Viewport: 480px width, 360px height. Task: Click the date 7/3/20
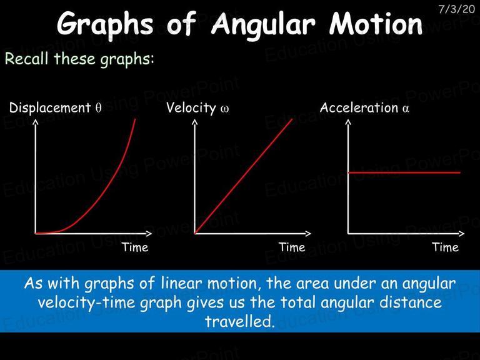click(x=456, y=9)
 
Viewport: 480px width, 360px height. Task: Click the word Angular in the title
click(x=263, y=24)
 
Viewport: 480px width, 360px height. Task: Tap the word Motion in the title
click(x=376, y=23)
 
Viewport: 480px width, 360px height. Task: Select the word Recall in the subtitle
click(x=27, y=58)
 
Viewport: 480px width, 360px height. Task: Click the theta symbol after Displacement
click(x=98, y=108)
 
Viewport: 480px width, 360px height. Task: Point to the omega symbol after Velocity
click(x=224, y=109)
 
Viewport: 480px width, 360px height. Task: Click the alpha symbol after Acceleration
click(x=406, y=109)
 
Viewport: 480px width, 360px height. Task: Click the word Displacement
click(x=50, y=108)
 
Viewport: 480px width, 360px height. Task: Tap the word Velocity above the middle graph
click(x=191, y=108)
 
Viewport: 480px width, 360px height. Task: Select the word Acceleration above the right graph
click(x=359, y=107)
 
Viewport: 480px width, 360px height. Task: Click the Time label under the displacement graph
click(x=135, y=247)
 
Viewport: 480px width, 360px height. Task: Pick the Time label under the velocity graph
click(x=292, y=247)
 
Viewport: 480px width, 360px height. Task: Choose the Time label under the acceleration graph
click(x=446, y=247)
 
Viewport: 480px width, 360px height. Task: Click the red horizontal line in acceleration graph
click(x=404, y=172)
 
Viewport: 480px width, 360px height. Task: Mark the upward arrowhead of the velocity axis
click(x=195, y=122)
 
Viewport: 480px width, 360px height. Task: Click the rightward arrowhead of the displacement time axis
click(x=149, y=234)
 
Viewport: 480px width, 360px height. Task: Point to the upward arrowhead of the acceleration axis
click(x=348, y=122)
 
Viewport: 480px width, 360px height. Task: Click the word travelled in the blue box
click(x=239, y=321)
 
